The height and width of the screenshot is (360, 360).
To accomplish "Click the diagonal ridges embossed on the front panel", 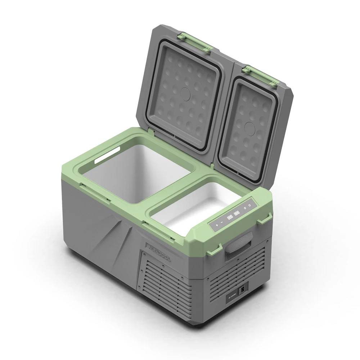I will coord(108,238).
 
